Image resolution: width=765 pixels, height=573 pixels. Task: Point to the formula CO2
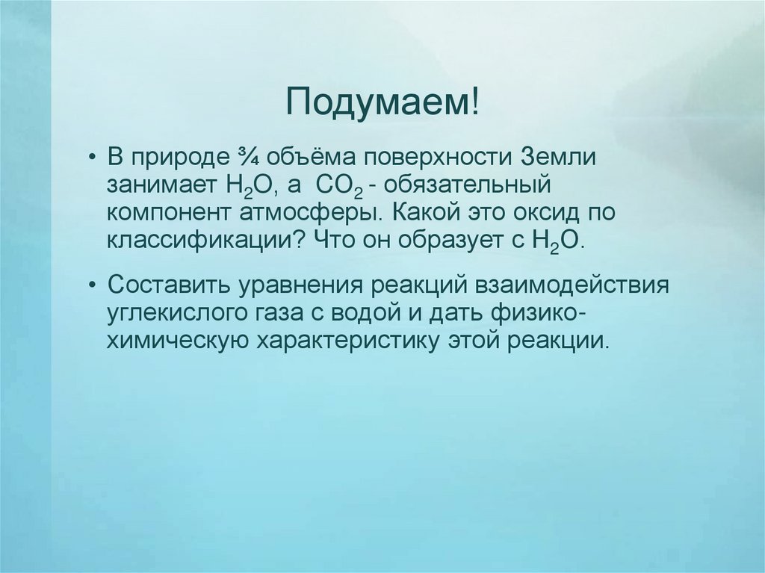tap(332, 186)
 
